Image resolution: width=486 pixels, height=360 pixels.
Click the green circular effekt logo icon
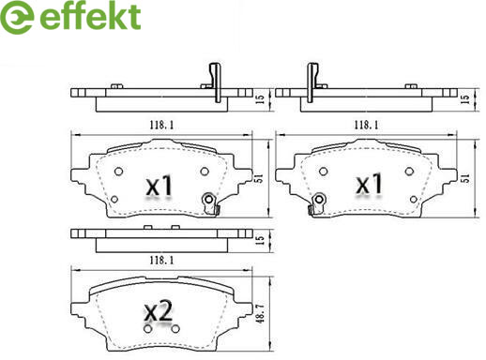click(x=16, y=18)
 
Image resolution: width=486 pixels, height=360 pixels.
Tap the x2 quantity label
click(x=159, y=311)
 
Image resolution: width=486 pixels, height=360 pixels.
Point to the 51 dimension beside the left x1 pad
click(x=259, y=178)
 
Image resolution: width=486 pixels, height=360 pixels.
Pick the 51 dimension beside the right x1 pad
click(x=465, y=178)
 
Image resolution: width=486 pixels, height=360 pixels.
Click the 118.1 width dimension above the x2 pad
click(x=161, y=260)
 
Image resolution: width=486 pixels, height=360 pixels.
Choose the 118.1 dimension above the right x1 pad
click(x=366, y=126)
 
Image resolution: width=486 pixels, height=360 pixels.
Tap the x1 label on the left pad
click(x=159, y=186)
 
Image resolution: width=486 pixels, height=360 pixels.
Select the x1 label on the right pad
click(x=370, y=184)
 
